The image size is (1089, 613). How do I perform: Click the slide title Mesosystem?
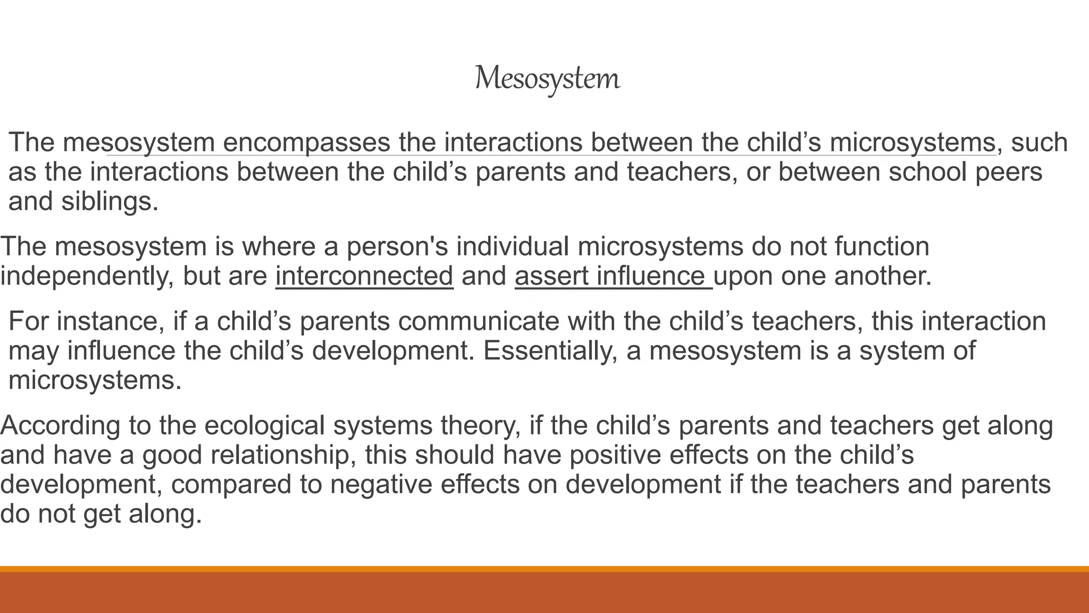[x=547, y=79]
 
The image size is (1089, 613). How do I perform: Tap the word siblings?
[x=110, y=202]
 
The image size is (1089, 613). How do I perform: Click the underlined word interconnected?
[x=364, y=276]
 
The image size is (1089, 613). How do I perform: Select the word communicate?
[x=478, y=321]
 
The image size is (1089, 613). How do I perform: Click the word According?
[x=61, y=426]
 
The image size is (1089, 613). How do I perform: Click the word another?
[x=882, y=276]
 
